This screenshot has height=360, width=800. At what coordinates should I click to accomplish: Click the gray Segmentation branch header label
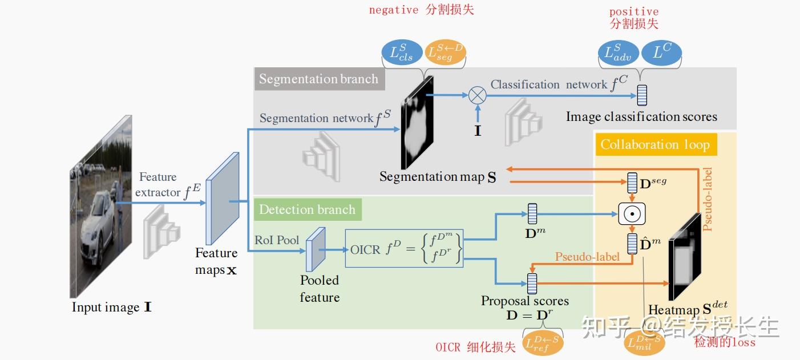(319, 79)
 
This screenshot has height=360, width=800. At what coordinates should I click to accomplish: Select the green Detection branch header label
(307, 209)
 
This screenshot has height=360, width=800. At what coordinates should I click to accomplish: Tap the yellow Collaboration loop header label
(655, 144)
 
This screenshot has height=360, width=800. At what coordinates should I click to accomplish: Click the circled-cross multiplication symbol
(477, 95)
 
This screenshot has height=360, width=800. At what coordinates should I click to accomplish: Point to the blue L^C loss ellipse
(661, 53)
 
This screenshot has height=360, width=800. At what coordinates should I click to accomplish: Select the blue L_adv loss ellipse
(619, 53)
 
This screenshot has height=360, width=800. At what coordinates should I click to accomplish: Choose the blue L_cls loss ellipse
(402, 53)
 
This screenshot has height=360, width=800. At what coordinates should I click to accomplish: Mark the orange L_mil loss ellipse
(645, 343)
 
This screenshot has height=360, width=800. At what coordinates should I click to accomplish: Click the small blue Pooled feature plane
(315, 249)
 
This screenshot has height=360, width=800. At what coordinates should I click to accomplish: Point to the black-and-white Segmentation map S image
(417, 123)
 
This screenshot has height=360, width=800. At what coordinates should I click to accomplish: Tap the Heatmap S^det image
(685, 257)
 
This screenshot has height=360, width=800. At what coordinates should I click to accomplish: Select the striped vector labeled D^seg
(632, 183)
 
